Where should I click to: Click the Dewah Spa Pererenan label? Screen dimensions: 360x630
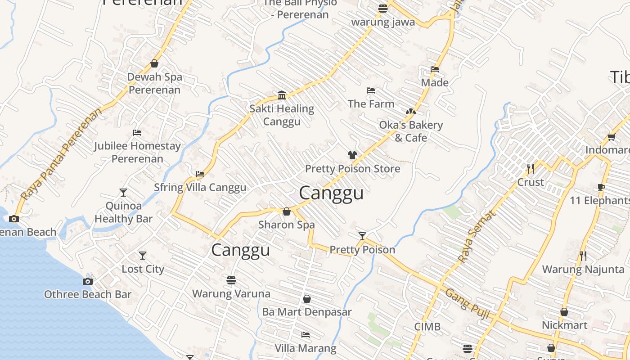click(x=154, y=83)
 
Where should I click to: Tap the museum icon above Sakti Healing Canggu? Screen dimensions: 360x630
click(x=282, y=95)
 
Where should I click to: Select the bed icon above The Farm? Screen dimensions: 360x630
click(x=371, y=90)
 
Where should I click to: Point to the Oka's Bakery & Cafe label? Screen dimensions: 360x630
click(x=411, y=131)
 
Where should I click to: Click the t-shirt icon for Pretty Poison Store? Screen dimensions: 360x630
click(x=352, y=155)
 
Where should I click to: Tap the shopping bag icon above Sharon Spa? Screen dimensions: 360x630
click(x=287, y=211)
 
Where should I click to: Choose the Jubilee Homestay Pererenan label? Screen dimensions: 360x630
click(x=137, y=152)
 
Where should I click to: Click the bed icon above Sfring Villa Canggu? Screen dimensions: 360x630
click(x=200, y=174)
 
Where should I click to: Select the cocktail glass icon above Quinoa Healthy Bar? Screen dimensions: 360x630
click(x=123, y=193)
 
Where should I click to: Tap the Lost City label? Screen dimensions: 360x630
click(x=143, y=269)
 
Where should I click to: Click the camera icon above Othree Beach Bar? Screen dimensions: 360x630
click(x=88, y=281)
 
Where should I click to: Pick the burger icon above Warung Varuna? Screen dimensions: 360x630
click(x=231, y=280)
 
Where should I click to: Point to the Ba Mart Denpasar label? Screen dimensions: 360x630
click(x=307, y=312)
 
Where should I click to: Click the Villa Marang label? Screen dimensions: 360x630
click(x=306, y=348)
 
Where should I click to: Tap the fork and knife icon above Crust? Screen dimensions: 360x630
click(x=531, y=169)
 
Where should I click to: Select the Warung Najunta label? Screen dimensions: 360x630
click(x=583, y=270)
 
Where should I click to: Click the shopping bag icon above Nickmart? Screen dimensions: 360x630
click(x=564, y=312)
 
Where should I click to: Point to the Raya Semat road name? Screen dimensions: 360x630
click(x=477, y=237)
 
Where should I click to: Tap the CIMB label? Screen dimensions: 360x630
click(x=427, y=327)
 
